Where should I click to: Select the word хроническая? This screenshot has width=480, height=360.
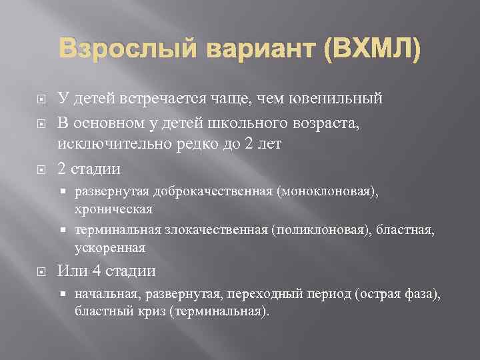[x=114, y=209]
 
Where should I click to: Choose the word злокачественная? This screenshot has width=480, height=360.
[x=211, y=231]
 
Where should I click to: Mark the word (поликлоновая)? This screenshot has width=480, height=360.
[x=322, y=231]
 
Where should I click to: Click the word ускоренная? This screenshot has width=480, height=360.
[x=110, y=247]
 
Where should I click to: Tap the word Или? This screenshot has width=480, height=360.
[x=71, y=271]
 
